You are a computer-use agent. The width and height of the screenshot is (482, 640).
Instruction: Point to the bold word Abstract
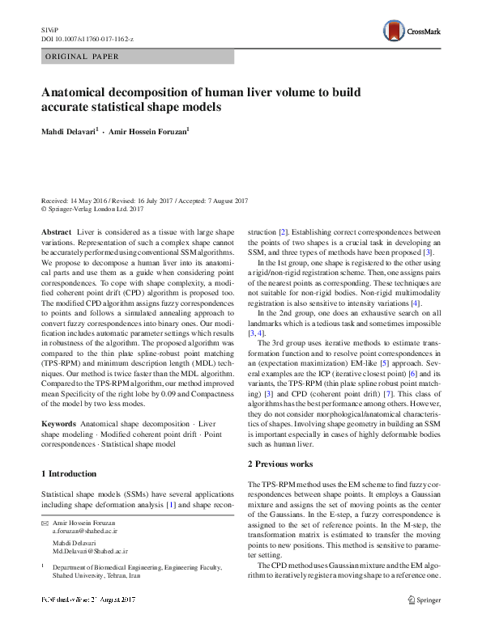[56, 232]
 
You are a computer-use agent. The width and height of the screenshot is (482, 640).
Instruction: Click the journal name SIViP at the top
[49, 29]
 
